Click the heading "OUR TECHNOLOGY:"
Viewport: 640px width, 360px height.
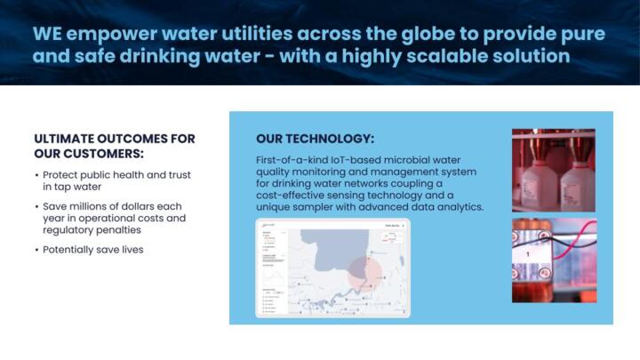pyautogui.click(x=315, y=140)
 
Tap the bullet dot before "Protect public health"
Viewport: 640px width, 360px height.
pyautogui.click(x=36, y=175)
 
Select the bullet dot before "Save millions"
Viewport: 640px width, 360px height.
pyautogui.click(x=36, y=206)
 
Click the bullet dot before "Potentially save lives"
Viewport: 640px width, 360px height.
pyautogui.click(x=36, y=250)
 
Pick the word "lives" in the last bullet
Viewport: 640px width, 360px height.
pyautogui.click(x=130, y=250)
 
